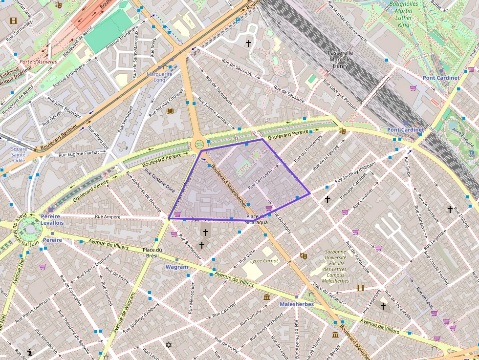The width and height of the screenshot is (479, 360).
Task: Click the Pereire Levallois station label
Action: (x=52, y=219)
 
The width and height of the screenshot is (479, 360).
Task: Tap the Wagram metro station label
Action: (x=176, y=267)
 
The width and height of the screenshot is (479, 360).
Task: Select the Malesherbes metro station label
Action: (x=296, y=304)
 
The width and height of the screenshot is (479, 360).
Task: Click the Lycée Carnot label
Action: (x=264, y=261)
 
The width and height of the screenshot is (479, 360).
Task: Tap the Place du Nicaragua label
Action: (x=257, y=219)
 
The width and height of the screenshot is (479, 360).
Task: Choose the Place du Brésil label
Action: (x=152, y=253)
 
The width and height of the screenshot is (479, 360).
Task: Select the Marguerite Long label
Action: (x=159, y=77)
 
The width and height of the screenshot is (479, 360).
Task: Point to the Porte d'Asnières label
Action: (x=38, y=62)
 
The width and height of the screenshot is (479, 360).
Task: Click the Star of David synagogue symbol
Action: (x=170, y=345)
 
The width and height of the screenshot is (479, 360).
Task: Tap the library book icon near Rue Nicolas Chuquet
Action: (x=170, y=111)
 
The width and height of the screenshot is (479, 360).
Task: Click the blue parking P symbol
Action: (x=238, y=21)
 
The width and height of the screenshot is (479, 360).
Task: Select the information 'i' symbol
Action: (x=30, y=352)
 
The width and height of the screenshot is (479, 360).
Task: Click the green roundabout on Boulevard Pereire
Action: (x=199, y=144)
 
